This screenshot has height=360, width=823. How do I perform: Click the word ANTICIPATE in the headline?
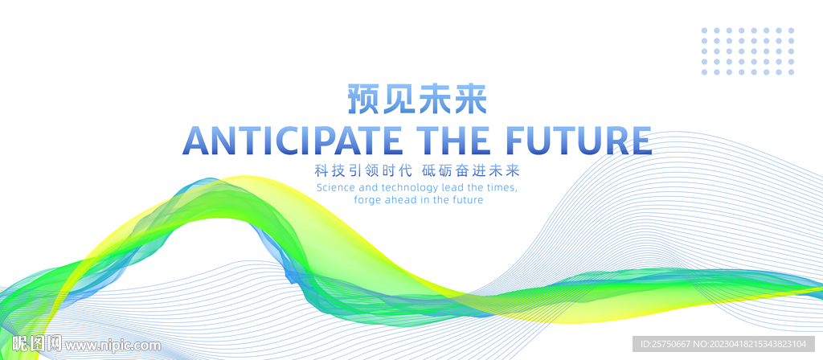(x=293, y=140)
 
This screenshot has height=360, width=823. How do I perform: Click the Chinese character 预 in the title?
(x=365, y=99)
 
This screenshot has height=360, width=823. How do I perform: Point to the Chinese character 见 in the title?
(x=399, y=99)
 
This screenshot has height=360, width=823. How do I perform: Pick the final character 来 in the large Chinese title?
(x=469, y=99)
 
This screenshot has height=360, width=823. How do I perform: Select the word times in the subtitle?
(x=502, y=188)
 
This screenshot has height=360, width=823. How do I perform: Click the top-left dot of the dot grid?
(x=704, y=31)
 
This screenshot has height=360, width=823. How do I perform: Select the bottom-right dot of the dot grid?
(x=791, y=72)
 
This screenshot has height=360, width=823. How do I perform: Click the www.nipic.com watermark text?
(x=113, y=346)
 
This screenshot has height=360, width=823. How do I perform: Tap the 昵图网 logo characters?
(x=37, y=344)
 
